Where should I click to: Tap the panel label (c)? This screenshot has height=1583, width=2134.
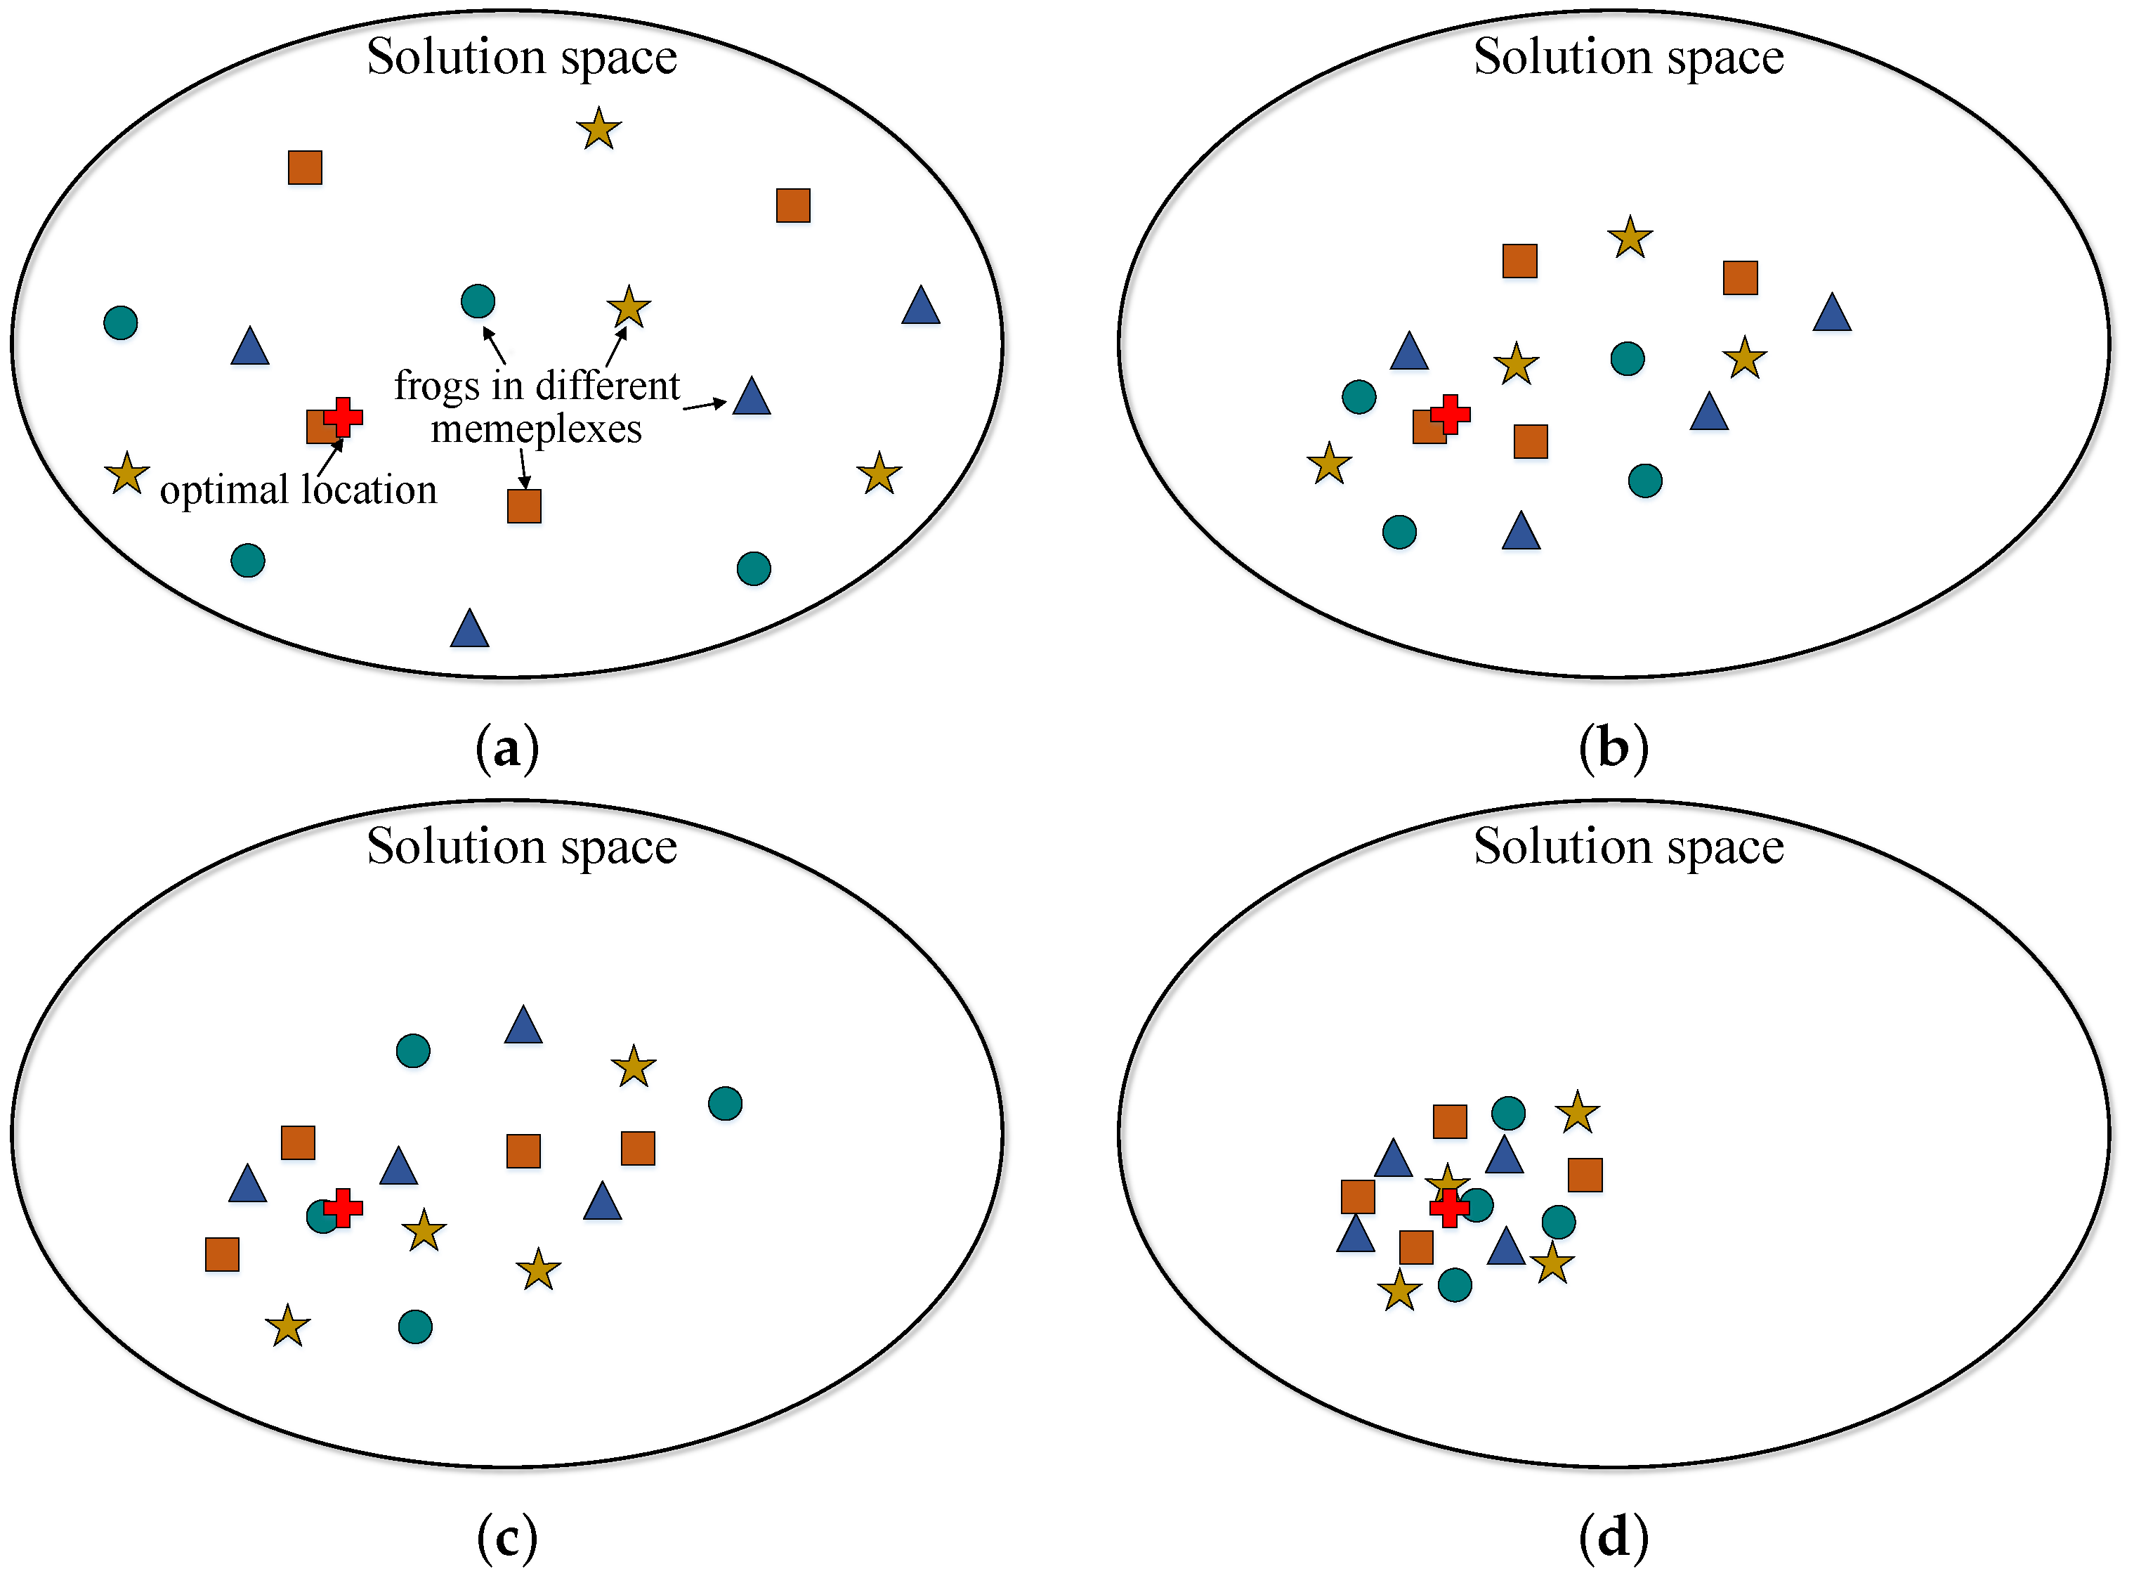[508, 1538]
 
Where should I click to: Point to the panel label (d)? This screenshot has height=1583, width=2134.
[1613, 1538]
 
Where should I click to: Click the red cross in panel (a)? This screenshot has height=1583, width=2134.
[343, 417]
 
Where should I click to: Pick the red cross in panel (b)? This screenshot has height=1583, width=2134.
[1450, 414]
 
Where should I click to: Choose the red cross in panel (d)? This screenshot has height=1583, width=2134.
[1449, 1207]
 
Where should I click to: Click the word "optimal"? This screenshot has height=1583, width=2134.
[224, 490]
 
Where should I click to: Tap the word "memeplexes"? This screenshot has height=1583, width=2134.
[537, 429]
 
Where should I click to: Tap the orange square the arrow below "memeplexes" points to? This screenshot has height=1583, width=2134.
[524, 506]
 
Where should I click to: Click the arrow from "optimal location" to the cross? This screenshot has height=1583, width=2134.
[329, 458]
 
